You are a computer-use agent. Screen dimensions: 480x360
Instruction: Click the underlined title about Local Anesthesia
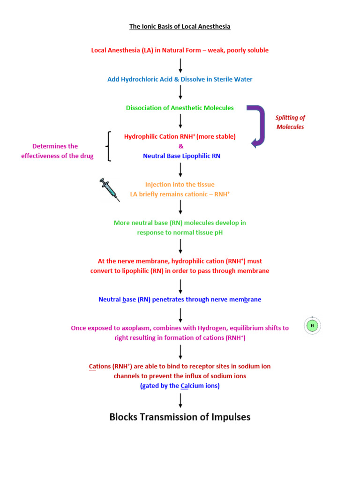180,27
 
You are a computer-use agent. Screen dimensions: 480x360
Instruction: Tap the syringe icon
110,189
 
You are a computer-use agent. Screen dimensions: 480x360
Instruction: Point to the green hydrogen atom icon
313,325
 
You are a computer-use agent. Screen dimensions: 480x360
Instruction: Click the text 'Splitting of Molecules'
290,122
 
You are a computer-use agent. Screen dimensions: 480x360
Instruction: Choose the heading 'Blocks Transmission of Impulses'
180,417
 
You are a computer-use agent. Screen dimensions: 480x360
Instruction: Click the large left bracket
109,146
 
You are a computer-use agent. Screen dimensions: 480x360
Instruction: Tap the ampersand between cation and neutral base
180,146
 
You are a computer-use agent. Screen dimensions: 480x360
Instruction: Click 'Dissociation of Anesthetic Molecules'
180,108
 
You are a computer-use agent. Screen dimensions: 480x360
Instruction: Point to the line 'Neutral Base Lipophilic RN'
181,156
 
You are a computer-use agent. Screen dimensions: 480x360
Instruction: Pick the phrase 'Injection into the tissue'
180,185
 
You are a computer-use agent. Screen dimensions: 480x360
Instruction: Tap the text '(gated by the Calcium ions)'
180,386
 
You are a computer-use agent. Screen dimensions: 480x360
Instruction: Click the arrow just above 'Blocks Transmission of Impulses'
180,400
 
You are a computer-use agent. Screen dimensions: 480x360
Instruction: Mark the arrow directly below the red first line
180,65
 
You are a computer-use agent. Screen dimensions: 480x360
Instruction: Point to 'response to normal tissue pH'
180,232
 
